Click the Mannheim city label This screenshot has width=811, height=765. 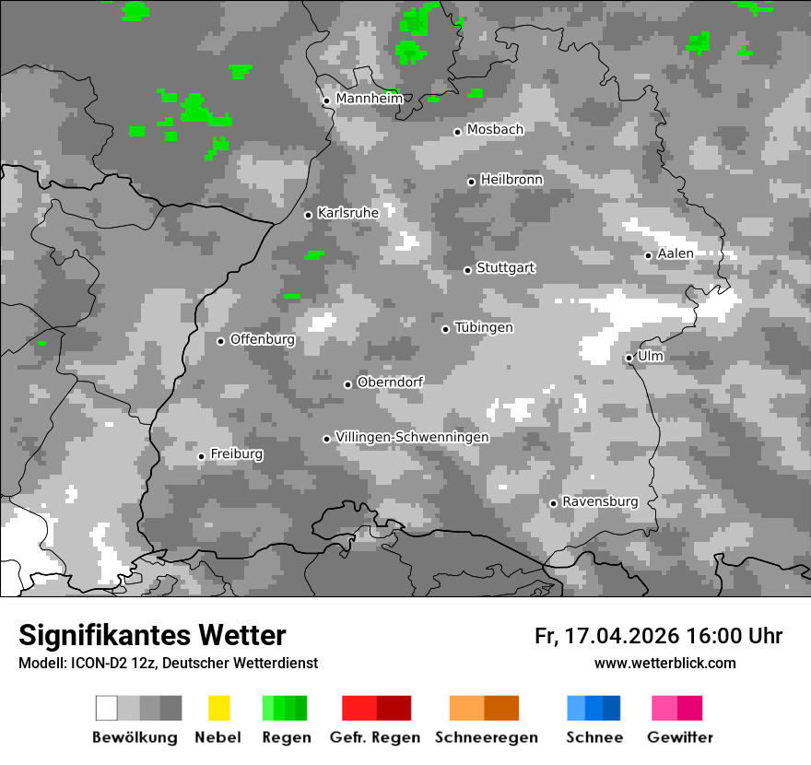[369, 99]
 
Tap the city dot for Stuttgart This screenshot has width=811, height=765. [468, 270]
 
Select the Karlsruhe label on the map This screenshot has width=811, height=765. [347, 213]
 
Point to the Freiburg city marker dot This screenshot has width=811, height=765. [201, 456]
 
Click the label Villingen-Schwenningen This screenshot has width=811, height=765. [412, 437]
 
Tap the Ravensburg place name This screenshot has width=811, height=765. [600, 501]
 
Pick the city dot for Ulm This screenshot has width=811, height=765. [629, 358]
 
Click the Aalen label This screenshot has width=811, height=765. [676, 253]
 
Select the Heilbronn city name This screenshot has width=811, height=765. [511, 180]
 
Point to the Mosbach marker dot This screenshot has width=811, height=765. [457, 132]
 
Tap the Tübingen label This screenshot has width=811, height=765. [484, 327]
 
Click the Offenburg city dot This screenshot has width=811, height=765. [221, 341]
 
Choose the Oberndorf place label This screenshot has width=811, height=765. [390, 382]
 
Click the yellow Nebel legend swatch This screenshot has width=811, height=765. [218, 708]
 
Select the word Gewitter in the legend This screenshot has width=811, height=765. [680, 737]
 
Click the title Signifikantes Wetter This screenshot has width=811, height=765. [152, 635]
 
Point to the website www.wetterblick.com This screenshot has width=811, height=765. [664, 663]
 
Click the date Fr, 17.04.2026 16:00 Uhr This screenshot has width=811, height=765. [658, 636]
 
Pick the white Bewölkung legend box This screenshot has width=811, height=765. [107, 708]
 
